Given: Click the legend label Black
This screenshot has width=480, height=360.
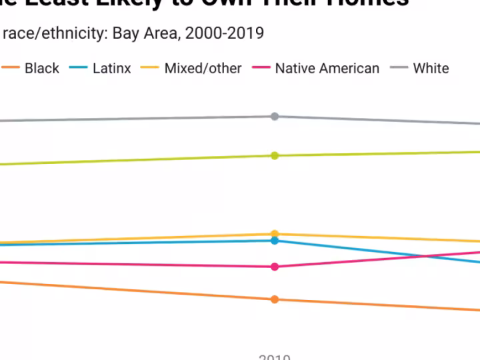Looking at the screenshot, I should pos(41,68).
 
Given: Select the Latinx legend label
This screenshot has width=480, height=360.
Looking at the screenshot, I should pos(111,68).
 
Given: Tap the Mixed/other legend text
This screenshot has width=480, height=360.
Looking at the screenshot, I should pos(203,68).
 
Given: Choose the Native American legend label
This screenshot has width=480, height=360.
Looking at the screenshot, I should pos(327,68).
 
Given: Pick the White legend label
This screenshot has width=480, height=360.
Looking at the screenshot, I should pos(431,68).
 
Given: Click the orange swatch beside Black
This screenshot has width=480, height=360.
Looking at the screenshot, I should pos(10,68).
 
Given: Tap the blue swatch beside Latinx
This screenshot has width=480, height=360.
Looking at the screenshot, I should pos(79,68).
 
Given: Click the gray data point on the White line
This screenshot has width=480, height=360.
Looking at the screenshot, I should pos(275,117).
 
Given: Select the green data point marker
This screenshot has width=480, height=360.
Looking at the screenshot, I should pos(275,155).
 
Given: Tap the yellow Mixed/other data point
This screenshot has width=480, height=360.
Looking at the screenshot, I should pos(275,234).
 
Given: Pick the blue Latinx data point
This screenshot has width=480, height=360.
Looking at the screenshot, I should pos(275,241).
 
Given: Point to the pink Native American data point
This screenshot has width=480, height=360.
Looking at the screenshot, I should pos(275,267).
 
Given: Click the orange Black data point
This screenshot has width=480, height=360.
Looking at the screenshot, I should pos(275,299).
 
